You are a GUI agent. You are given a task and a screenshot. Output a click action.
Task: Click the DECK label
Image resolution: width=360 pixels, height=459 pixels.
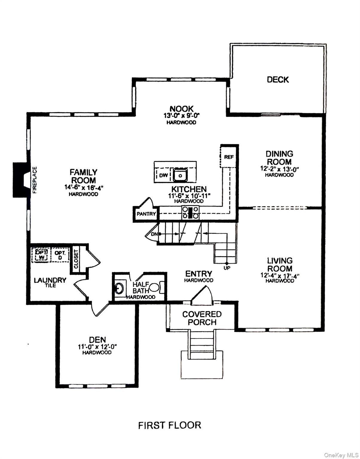point(278,79)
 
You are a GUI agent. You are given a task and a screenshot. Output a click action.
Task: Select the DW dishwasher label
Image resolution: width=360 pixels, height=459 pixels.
point(163,175)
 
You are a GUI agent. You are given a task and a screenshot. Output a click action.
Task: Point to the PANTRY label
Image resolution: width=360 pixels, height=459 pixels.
point(146,214)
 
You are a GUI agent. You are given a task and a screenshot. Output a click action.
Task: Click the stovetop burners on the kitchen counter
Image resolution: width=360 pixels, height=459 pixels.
point(190,212)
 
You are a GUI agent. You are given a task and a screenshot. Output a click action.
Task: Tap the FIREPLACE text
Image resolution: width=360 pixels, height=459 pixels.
point(35,180)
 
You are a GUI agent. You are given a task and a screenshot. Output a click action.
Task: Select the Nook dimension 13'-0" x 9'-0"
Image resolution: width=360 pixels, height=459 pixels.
point(182,116)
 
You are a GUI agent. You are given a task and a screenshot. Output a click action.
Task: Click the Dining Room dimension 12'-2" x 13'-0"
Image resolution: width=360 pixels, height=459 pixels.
point(280,169)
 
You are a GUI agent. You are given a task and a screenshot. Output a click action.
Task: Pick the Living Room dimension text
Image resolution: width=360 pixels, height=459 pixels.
point(280,276)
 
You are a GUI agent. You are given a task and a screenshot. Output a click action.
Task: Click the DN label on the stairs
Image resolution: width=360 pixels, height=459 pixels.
point(154,234)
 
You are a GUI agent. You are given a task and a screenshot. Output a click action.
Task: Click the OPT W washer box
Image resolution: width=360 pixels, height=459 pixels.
point(41,255)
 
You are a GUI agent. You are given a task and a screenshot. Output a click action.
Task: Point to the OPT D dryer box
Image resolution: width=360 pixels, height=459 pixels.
point(60,255)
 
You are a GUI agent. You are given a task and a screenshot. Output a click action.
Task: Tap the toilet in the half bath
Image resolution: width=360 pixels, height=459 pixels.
point(157,287)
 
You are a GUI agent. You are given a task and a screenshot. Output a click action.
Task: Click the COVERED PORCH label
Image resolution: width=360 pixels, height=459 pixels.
point(202,318)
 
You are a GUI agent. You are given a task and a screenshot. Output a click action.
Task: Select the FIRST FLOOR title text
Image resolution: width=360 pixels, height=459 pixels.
point(170,425)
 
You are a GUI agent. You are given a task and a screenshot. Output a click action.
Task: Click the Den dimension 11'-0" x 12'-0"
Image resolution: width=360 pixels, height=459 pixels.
point(97,347)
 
